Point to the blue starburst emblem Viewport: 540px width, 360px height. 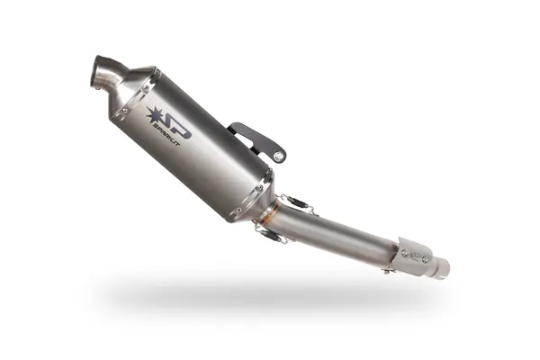[x=154, y=114]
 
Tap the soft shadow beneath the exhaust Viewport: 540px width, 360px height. [x=270, y=297]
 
